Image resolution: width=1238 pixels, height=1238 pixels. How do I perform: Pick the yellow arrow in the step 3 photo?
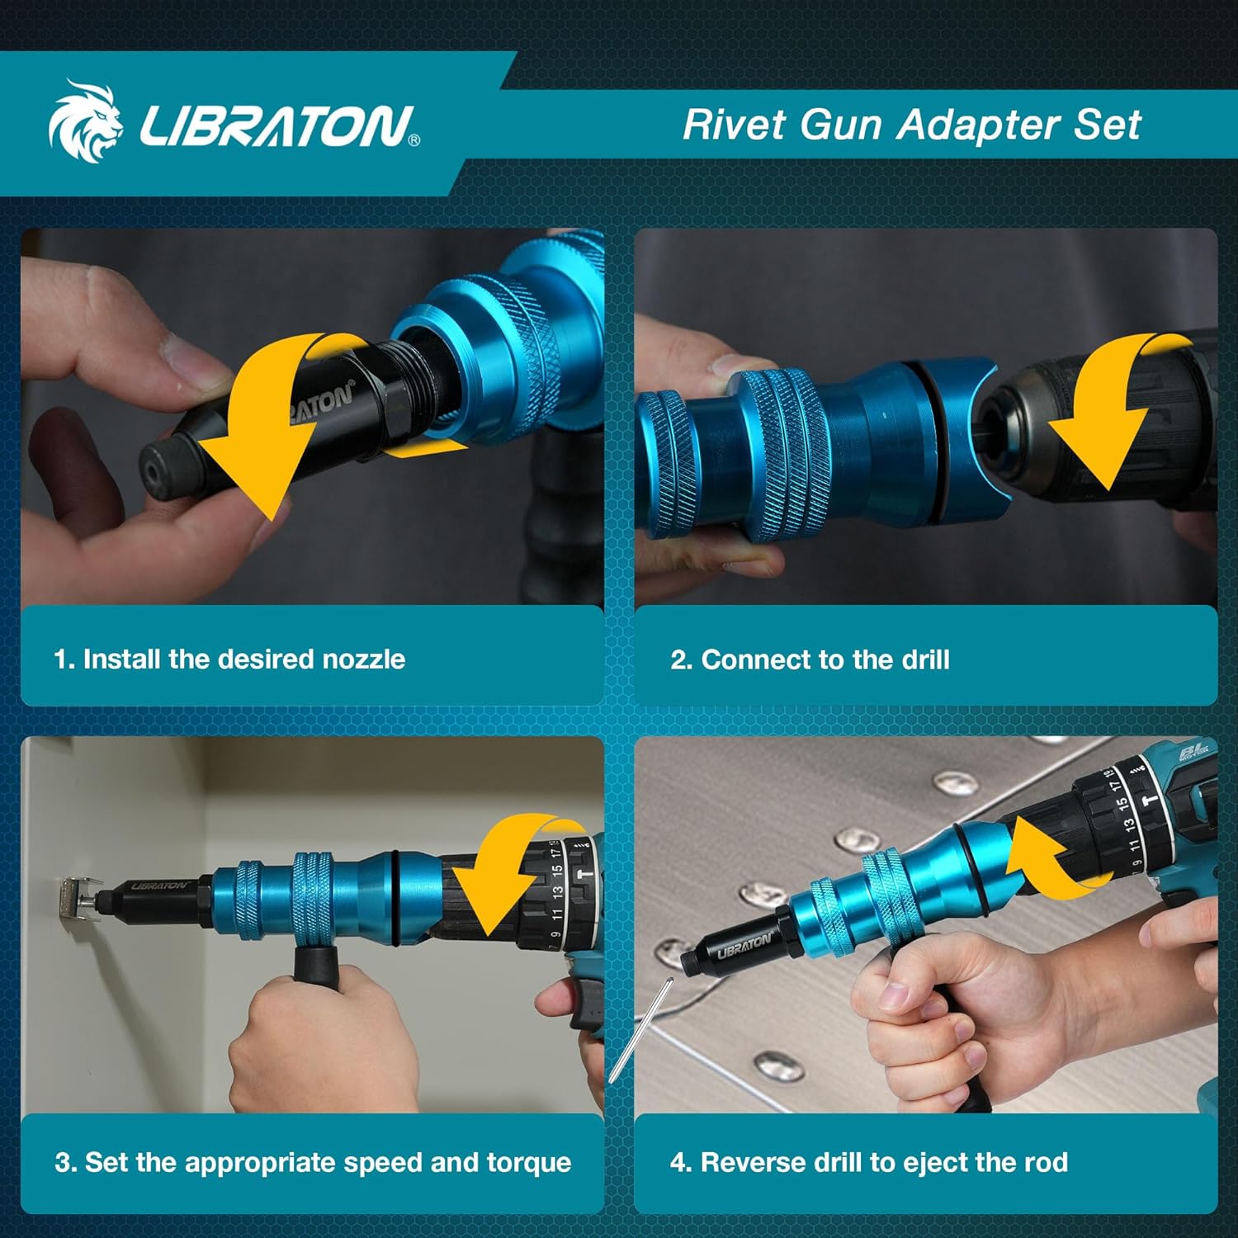512,875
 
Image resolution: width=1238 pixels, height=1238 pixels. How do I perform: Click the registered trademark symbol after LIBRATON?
414,141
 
